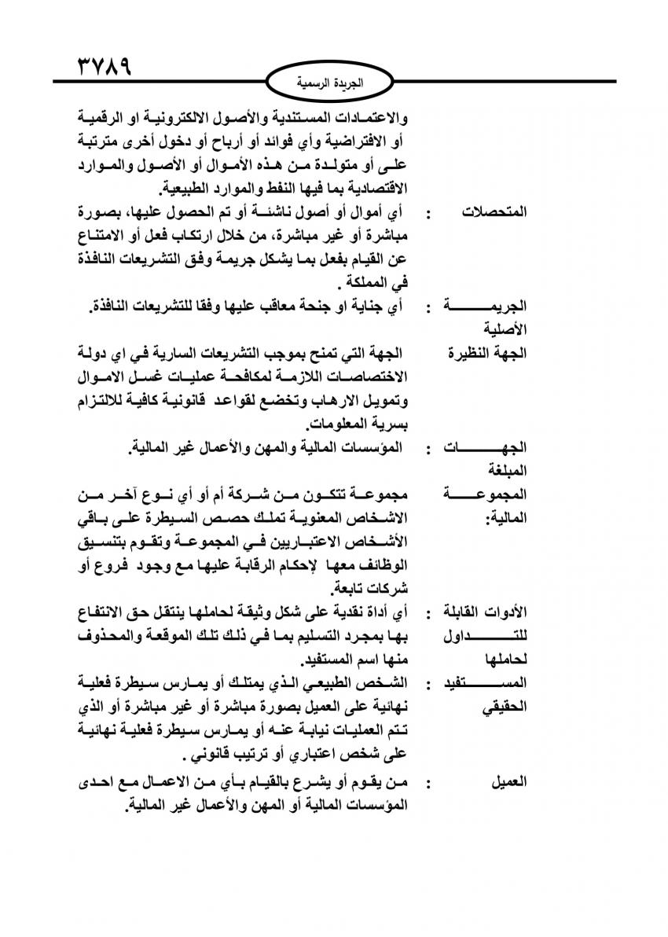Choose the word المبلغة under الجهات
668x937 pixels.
(x=508, y=471)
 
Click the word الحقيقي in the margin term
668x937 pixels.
(x=503, y=707)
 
